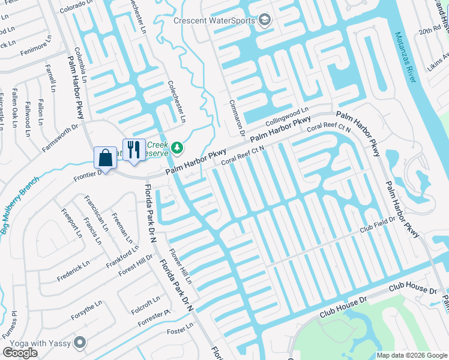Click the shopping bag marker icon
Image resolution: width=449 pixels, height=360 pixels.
[105, 158]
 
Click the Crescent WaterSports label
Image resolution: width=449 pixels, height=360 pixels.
[215, 20]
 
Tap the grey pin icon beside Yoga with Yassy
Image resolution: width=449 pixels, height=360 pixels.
[80, 343]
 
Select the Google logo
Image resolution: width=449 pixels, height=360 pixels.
[20, 353]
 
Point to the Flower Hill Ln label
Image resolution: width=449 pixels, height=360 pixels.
[179, 266]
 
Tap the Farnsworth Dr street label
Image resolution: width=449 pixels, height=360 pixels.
[59, 137]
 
